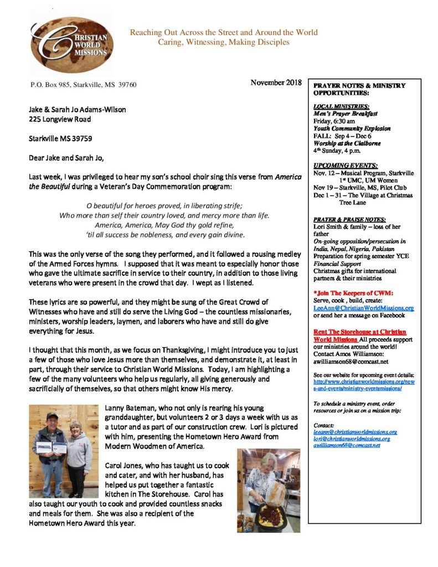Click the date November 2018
pos(276,83)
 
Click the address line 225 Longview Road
pos(60,118)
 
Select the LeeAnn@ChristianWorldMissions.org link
pos(363,308)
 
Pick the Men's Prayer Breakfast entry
pos(345,113)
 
